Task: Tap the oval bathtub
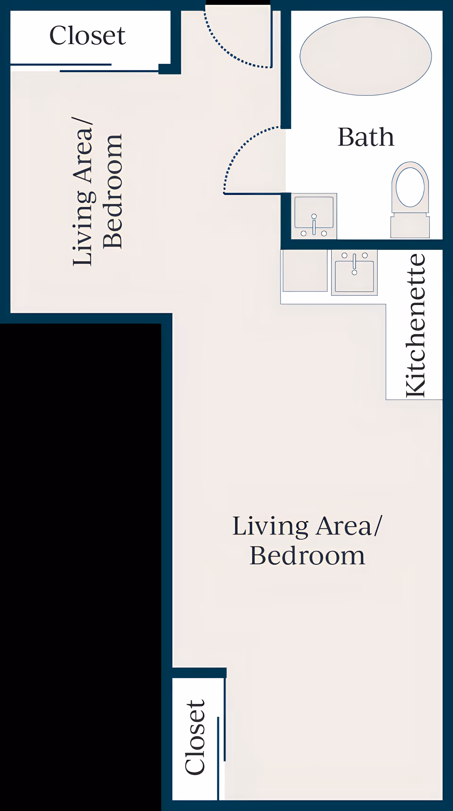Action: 366,56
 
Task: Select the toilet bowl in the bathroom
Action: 410,187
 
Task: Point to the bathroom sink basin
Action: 314,212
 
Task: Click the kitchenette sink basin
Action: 354,276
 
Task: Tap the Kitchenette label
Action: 416,326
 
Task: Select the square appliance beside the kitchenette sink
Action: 305,270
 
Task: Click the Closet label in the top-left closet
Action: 87,35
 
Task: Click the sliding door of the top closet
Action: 84,68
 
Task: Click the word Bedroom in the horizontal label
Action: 307,556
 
